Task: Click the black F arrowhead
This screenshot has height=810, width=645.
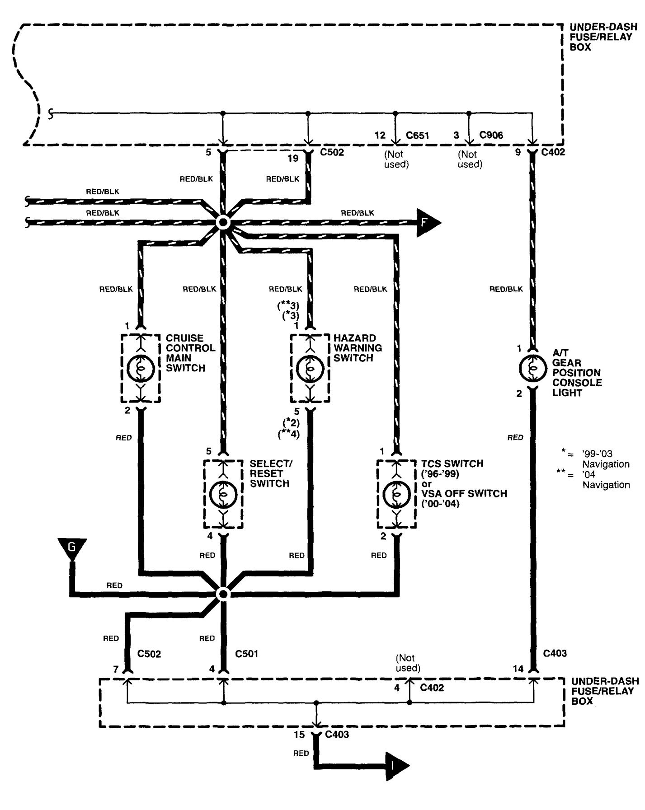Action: click(x=427, y=223)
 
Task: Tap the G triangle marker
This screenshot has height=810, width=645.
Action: click(x=71, y=548)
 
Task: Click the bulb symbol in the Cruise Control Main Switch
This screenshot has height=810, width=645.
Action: click(x=141, y=369)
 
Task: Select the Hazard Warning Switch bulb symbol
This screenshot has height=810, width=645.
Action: click(x=310, y=369)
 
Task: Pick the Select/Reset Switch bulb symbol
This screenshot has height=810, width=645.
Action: click(x=223, y=494)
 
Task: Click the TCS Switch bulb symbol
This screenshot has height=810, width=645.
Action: click(x=397, y=494)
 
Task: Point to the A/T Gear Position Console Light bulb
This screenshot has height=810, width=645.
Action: click(x=532, y=368)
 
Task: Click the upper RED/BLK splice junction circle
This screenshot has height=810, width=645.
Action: click(x=223, y=223)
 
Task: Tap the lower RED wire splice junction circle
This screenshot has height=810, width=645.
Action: click(x=223, y=594)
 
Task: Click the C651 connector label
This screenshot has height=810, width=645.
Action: click(x=417, y=136)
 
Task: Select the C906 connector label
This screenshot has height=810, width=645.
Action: click(x=491, y=136)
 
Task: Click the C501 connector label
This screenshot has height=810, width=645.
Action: click(x=246, y=654)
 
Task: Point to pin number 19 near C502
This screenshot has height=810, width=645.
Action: click(x=293, y=158)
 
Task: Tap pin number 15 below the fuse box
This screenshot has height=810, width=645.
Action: click(x=299, y=735)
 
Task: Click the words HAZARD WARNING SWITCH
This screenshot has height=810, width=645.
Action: click(x=358, y=348)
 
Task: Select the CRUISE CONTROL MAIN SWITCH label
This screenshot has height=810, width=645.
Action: click(x=190, y=353)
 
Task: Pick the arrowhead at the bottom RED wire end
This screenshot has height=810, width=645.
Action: click(x=397, y=767)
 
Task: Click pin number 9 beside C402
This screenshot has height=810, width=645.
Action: click(x=518, y=152)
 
